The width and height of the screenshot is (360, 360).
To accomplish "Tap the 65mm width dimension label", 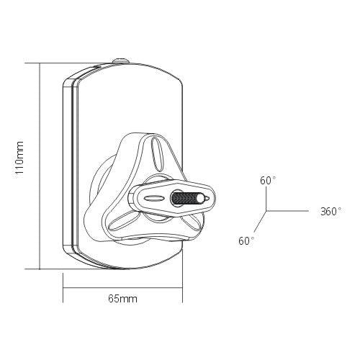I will (122, 297).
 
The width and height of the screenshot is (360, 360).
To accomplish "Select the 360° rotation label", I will (330, 212).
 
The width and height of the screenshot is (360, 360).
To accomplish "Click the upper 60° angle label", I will (267, 181).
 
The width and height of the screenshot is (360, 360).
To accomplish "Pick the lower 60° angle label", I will (247, 240).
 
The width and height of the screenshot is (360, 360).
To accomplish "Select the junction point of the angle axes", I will (267, 212).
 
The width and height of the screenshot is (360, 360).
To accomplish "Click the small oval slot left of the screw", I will (154, 197).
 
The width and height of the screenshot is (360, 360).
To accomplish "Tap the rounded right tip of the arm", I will (210, 197).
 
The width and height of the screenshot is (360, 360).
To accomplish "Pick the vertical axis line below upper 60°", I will (267, 200).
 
